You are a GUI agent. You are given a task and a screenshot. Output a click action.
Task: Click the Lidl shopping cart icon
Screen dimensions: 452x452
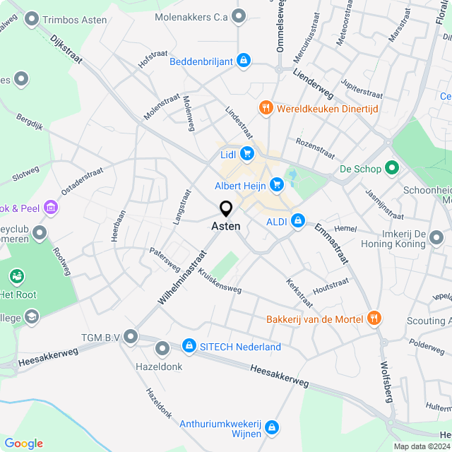[246, 153]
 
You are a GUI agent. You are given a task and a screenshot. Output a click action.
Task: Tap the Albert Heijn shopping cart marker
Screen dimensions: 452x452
[277, 185]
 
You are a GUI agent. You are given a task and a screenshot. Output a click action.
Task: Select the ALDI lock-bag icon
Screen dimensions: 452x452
[298, 221]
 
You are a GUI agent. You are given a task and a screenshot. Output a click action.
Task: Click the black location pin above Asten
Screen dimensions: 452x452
[226, 209]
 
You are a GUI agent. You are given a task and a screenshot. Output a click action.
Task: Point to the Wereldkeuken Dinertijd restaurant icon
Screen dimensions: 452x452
[266, 108]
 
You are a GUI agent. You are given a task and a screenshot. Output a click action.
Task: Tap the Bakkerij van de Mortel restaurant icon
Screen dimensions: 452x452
[374, 319]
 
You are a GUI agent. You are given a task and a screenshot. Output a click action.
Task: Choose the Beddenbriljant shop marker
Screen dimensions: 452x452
[244, 61]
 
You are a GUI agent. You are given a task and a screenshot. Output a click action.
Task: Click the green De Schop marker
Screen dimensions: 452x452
[393, 169]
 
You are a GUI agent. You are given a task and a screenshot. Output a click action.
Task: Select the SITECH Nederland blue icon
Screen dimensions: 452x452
[189, 345]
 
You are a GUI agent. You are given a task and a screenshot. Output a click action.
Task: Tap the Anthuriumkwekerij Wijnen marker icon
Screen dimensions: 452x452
[272, 428]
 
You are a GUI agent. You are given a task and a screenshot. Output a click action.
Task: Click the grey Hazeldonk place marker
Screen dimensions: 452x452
[162, 348]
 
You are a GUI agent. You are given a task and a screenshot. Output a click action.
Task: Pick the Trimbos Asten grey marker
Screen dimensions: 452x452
[31, 19]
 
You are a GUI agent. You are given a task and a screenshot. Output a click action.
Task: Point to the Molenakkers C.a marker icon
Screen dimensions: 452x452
[239, 15]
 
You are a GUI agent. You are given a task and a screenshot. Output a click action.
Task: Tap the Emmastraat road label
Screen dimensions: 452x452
[332, 244]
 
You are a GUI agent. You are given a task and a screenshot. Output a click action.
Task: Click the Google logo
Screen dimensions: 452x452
[23, 444]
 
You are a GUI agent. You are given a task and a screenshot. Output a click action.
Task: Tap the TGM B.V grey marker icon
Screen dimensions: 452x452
[130, 337]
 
